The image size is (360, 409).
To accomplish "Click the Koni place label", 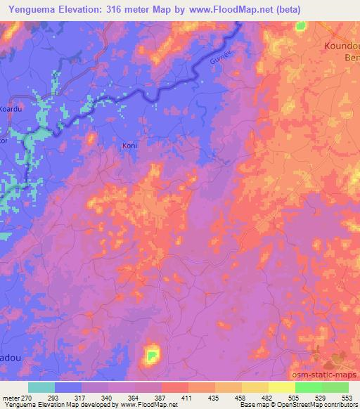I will (129, 145).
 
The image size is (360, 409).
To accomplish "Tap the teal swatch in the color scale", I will (41, 387).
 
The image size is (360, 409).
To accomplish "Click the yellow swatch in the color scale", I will (281, 387).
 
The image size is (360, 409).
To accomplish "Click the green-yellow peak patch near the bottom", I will (151, 356).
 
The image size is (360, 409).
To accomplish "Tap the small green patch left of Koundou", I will (302, 27).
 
